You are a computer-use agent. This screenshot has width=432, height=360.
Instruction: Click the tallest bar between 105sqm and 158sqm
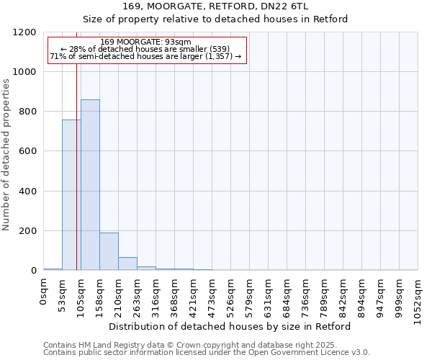point(90,185)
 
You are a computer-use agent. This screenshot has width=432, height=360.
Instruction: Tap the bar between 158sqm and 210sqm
point(109,251)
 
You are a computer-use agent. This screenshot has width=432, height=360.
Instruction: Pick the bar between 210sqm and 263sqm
point(127,264)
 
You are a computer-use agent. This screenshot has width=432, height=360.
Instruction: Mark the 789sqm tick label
point(325,297)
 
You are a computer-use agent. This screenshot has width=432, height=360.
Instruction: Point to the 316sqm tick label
point(156,297)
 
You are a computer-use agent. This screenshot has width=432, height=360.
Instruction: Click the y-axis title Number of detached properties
point(6,156)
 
